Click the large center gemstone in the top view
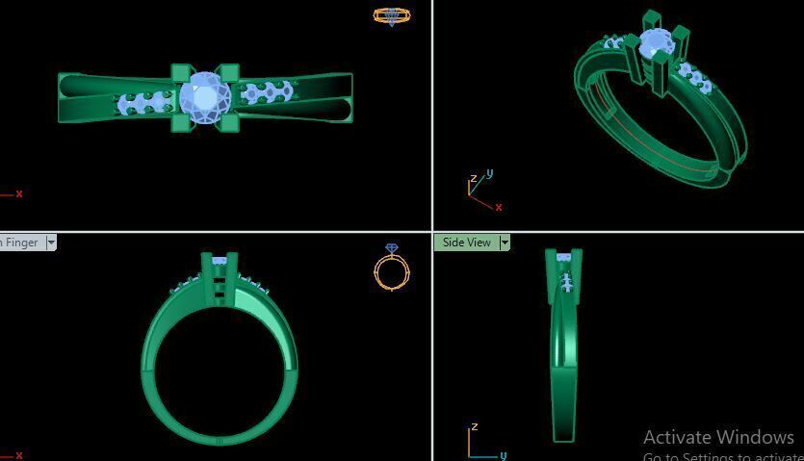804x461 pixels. point(205,98)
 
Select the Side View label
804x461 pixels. point(466,243)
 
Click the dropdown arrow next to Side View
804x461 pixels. point(505,243)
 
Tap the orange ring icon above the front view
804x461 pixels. point(392,269)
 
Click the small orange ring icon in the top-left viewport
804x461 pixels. point(391,16)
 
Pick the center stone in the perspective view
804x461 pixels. point(656,43)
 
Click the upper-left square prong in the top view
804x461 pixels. point(180,74)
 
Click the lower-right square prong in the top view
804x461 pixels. point(229,122)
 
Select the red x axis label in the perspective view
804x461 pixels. point(498,207)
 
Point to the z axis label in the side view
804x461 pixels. point(474,426)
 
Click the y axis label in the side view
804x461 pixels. point(503,455)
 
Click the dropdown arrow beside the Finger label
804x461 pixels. point(51,243)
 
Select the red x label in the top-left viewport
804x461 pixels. point(19,193)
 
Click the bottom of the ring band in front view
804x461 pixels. point(219,440)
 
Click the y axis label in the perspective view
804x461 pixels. point(490,174)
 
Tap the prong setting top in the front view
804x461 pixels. point(220,259)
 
